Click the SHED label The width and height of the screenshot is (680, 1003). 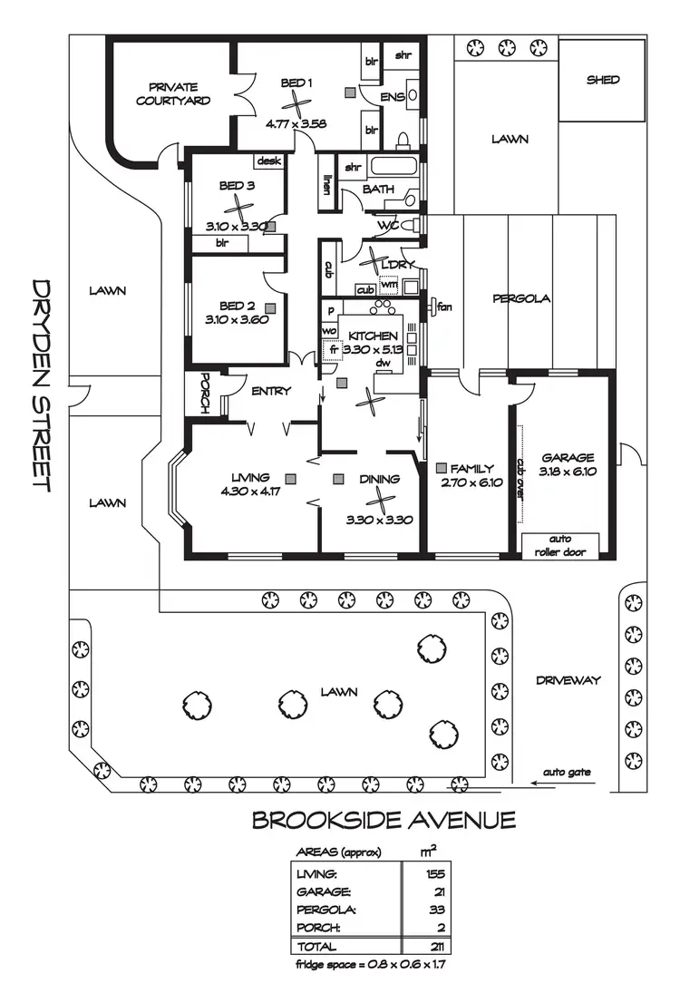click(603, 80)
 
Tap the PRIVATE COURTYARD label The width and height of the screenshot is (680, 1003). click(173, 94)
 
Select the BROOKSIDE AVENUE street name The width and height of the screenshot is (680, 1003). click(384, 821)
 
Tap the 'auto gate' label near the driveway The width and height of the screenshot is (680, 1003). click(567, 773)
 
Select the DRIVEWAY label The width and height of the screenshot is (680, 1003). click(568, 680)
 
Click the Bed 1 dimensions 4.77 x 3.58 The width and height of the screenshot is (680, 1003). click(296, 123)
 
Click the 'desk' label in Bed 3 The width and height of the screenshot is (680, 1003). click(269, 161)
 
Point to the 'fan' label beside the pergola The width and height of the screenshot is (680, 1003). click(444, 307)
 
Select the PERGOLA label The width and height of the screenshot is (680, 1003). click(521, 298)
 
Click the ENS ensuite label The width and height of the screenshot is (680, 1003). click(392, 96)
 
